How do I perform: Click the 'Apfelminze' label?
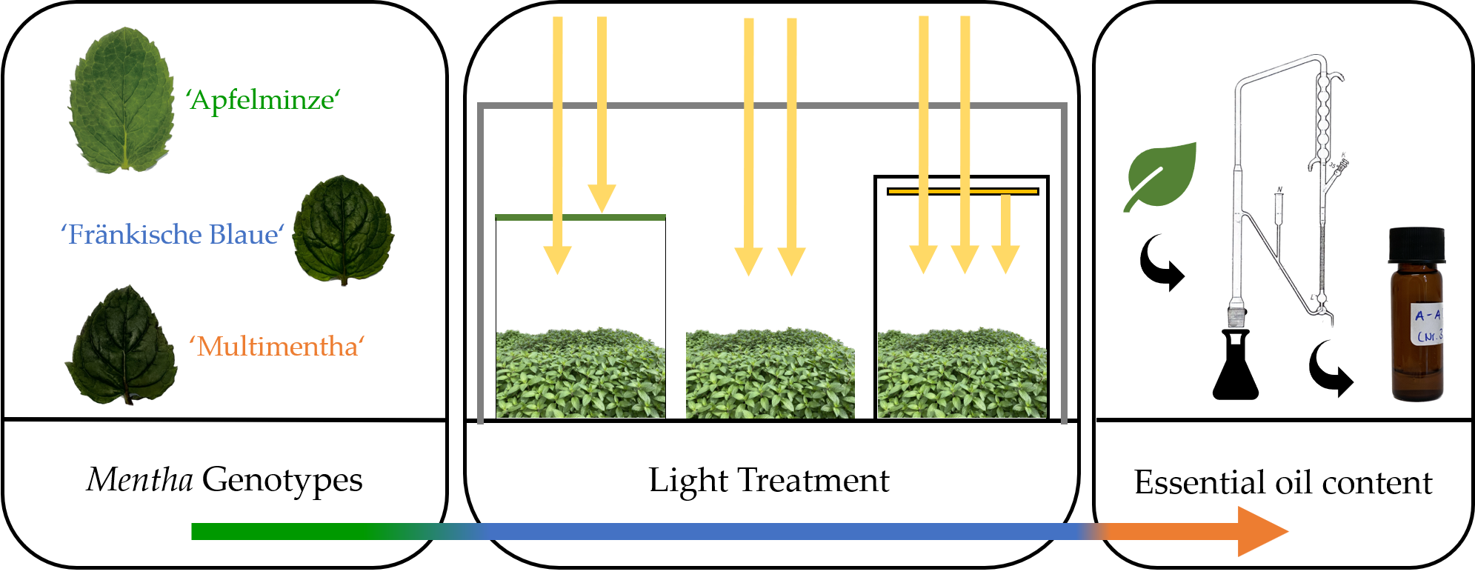click(x=264, y=100)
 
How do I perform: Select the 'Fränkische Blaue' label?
click(x=173, y=235)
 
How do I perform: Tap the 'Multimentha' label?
click(x=277, y=346)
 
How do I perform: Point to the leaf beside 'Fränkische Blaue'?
click(x=343, y=229)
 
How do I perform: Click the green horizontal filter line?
click(x=580, y=217)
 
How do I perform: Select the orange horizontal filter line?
click(x=962, y=191)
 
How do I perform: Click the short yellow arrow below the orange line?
click(x=1005, y=233)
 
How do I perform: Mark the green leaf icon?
click(x=1160, y=176)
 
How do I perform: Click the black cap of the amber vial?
click(x=1416, y=245)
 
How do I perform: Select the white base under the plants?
click(x=770, y=439)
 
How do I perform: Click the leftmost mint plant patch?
click(x=580, y=374)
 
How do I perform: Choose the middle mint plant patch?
click(x=770, y=374)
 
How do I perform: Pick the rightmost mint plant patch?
click(x=962, y=374)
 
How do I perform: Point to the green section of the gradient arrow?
click(x=282, y=531)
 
